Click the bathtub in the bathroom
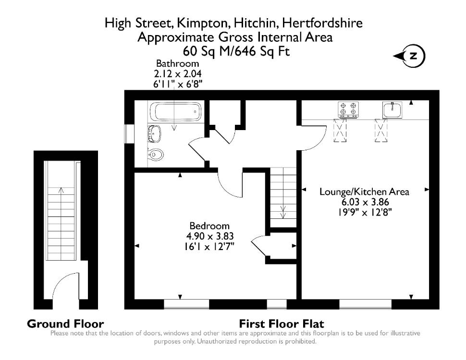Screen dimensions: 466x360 coord(175,112)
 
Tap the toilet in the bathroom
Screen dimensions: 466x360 coord(156,155)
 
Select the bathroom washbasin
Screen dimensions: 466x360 coord(155,134)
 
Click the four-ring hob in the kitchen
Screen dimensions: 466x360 coord(348,109)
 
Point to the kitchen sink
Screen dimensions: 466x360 coord(392,109)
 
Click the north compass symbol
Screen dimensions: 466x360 coord(409,56)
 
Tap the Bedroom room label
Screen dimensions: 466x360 coord(209,226)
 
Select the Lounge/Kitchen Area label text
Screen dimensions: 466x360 coord(364,192)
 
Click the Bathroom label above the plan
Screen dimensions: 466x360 coord(178,63)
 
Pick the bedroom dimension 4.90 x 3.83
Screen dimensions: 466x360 coord(210,236)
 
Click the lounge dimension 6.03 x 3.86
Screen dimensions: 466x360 coord(365,202)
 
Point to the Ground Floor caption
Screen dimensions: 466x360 coord(65,324)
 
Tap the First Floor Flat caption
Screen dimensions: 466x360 coord(282,324)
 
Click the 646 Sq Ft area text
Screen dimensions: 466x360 coord(268,51)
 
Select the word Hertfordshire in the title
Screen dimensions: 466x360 coord(322,23)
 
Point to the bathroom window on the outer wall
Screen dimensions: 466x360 coord(129,133)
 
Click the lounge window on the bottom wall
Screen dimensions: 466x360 coord(365,304)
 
